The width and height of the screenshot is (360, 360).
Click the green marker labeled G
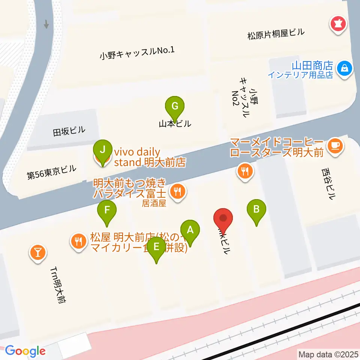pos(175,106)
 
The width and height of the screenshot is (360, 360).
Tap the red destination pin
pos(223,218)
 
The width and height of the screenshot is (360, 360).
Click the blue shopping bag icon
pos(343,68)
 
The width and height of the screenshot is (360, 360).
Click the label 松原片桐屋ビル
pos(276,34)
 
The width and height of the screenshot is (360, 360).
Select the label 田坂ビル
pos(69,130)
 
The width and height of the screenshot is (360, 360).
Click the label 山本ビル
pos(175,123)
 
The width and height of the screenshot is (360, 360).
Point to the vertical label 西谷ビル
pos(327,184)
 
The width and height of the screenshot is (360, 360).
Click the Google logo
pos(25,351)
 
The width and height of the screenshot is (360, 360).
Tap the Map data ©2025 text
pos(327,354)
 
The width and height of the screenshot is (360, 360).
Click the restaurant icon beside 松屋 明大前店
pos(78,240)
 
